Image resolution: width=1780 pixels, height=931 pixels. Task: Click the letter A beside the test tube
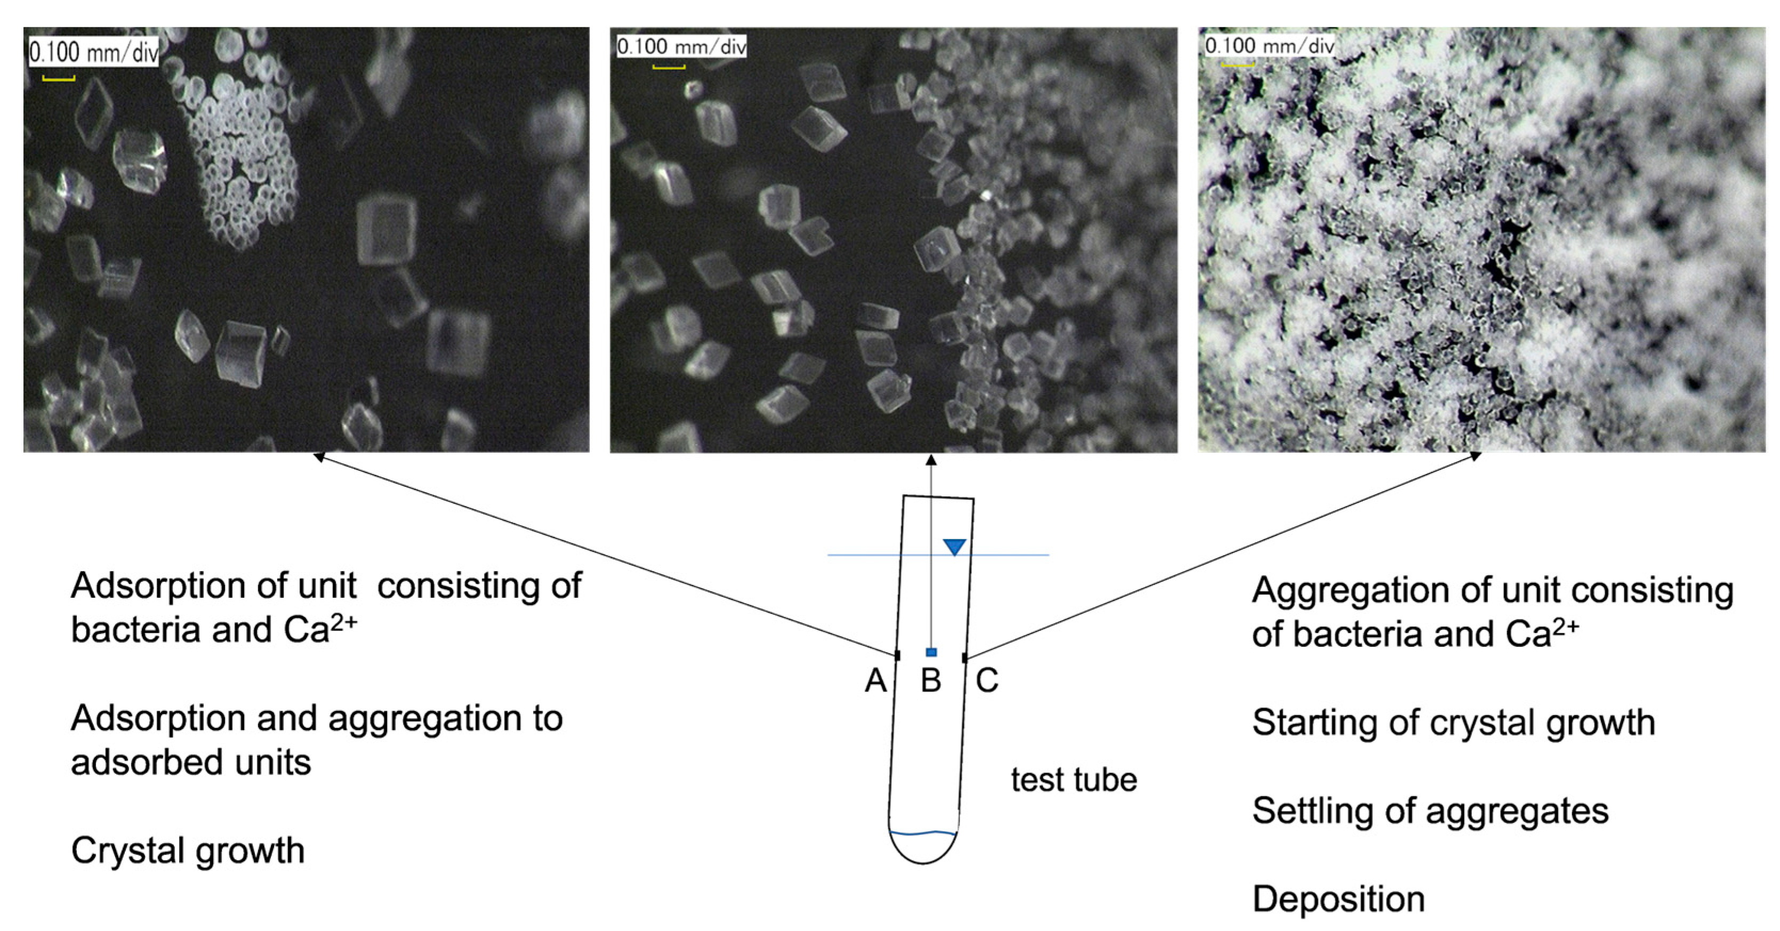(875, 681)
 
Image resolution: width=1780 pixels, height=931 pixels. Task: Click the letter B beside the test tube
(931, 681)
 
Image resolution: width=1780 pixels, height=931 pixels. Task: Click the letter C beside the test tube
(987, 681)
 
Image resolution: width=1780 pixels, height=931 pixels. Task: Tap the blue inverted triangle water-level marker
(954, 547)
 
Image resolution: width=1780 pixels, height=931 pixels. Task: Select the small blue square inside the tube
(931, 652)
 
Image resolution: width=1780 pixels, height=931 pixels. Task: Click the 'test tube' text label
(1074, 780)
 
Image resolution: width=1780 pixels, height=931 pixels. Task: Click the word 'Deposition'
(1339, 899)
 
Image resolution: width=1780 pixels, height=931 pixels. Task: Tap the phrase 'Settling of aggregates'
(1430, 810)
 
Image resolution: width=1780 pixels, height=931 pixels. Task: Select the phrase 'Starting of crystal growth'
(1453, 723)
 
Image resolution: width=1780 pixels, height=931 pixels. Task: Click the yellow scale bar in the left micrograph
(59, 79)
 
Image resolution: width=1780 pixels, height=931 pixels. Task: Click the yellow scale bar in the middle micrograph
(669, 68)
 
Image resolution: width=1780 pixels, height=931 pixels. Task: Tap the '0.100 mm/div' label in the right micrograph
(1269, 46)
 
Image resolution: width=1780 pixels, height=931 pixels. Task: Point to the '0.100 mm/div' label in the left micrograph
(93, 52)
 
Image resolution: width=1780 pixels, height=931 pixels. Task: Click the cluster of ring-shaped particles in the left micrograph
(238, 159)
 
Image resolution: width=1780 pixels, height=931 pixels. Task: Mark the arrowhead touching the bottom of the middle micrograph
(931, 460)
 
